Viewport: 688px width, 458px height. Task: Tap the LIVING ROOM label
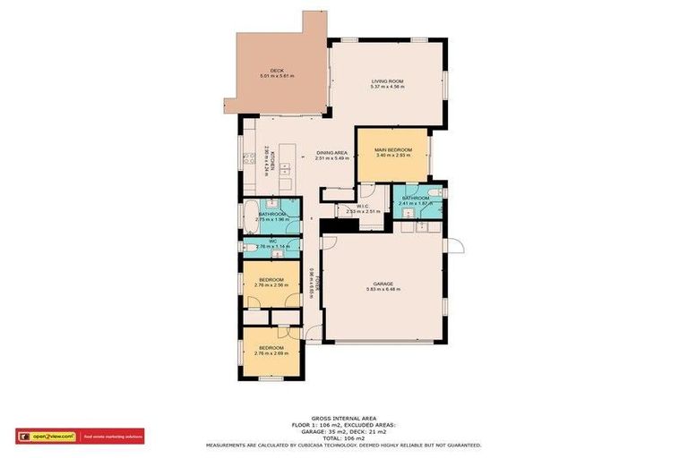(389, 81)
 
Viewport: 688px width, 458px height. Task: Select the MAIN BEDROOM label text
(393, 149)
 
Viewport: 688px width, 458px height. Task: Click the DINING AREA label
(332, 152)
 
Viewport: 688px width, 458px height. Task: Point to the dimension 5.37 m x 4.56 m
(389, 87)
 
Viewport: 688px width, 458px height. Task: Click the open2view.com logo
(47, 437)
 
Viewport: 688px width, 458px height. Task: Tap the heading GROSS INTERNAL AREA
(343, 418)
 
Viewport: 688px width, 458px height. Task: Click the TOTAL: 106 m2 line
(344, 437)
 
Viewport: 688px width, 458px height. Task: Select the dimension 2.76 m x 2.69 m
(271, 352)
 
